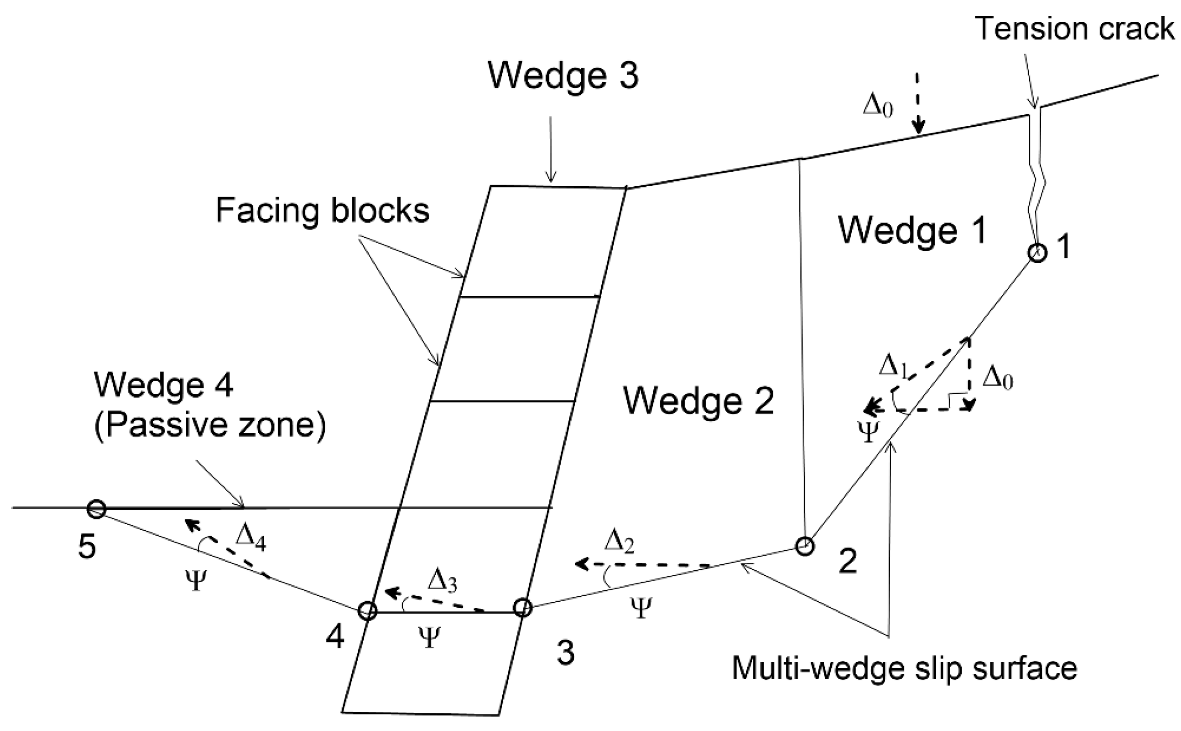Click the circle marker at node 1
click(x=1037, y=253)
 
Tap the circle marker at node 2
click(x=804, y=547)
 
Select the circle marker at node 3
click(x=522, y=608)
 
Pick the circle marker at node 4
click(x=367, y=610)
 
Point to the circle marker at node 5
click(x=96, y=509)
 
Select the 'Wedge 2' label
click(x=699, y=401)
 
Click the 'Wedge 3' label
click(x=563, y=76)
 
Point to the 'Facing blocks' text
click(x=322, y=211)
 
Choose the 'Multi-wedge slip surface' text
click(x=904, y=668)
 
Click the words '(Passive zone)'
click(x=209, y=427)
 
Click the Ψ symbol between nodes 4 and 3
click(x=430, y=637)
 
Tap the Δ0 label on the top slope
click(x=878, y=108)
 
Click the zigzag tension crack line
click(x=1035, y=176)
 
